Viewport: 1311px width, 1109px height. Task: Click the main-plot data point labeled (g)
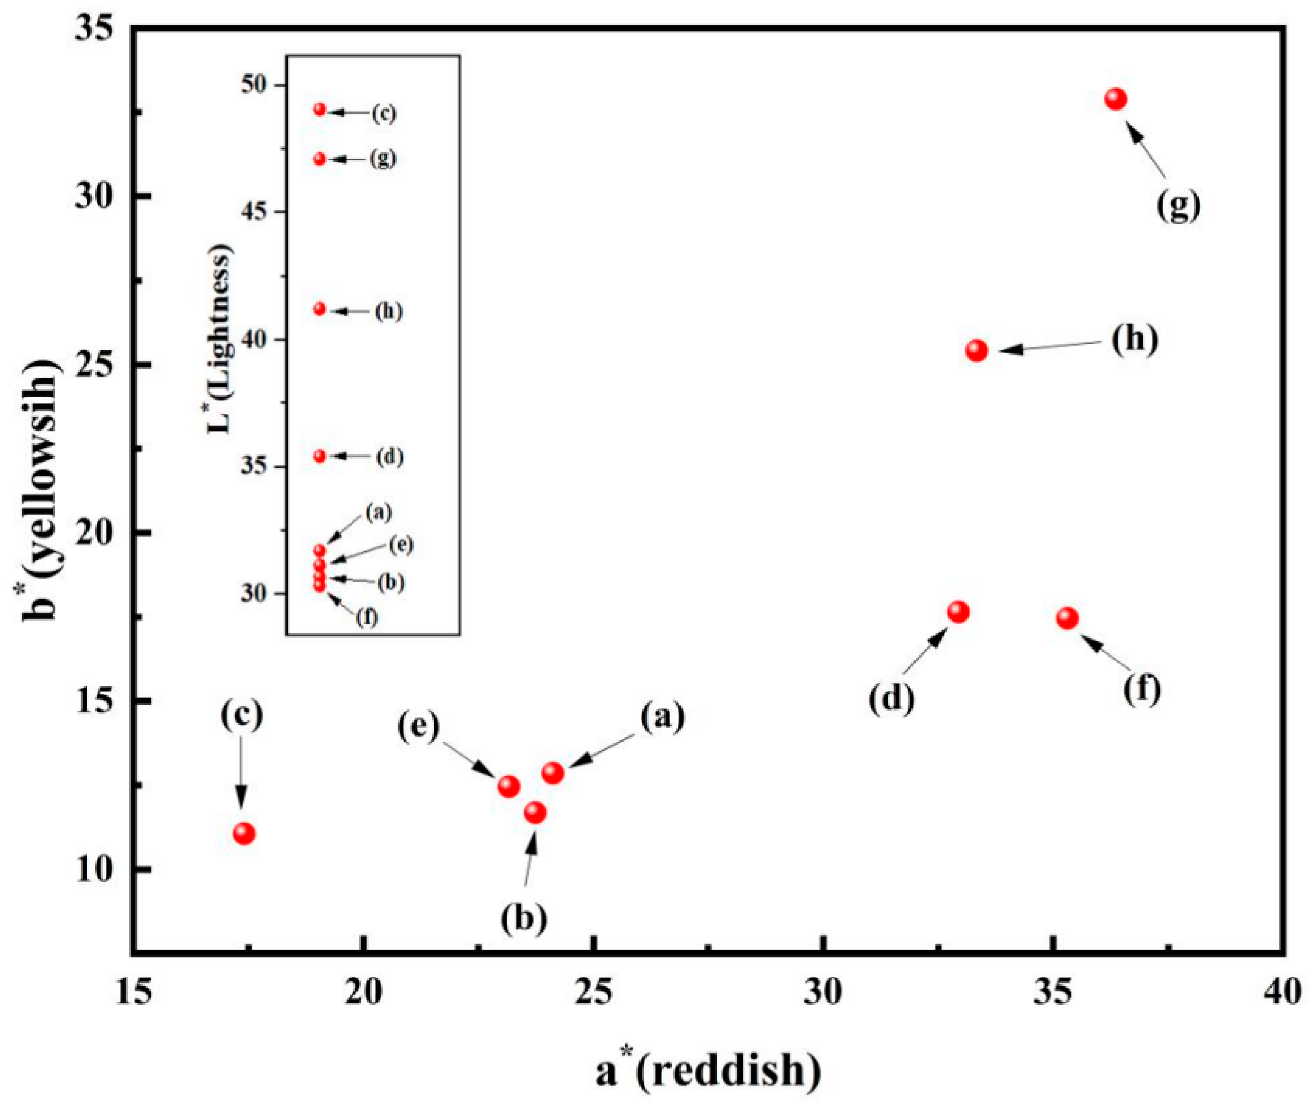[1115, 99]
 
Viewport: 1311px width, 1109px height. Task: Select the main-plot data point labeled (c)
[244, 834]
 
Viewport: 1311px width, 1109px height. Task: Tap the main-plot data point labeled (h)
[976, 350]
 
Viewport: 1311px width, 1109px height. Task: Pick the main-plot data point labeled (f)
[1067, 618]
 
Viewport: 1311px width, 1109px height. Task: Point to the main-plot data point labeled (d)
[958, 612]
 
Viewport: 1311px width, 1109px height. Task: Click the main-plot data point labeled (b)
[535, 813]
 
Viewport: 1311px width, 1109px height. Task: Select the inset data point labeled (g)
[319, 159]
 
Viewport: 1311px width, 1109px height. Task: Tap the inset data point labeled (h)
[319, 309]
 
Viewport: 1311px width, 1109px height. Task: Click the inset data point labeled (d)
[319, 457]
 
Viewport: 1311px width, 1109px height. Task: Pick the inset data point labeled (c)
[319, 109]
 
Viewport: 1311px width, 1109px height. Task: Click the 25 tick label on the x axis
[594, 994]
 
